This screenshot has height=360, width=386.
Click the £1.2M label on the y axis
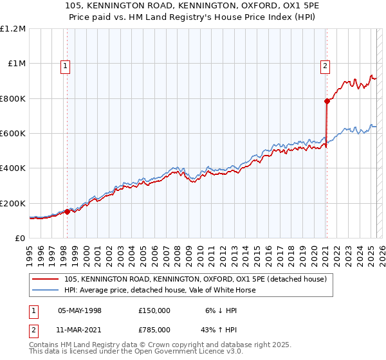(13, 29)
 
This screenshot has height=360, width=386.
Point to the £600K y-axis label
(13, 134)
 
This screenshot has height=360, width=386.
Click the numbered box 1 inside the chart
(66, 65)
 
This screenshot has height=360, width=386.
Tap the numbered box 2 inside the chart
(326, 65)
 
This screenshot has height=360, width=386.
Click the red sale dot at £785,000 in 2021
(327, 101)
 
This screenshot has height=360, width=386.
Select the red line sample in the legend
(46, 279)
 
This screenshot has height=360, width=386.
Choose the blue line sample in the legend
(46, 290)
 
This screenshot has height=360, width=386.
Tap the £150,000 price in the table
(154, 310)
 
